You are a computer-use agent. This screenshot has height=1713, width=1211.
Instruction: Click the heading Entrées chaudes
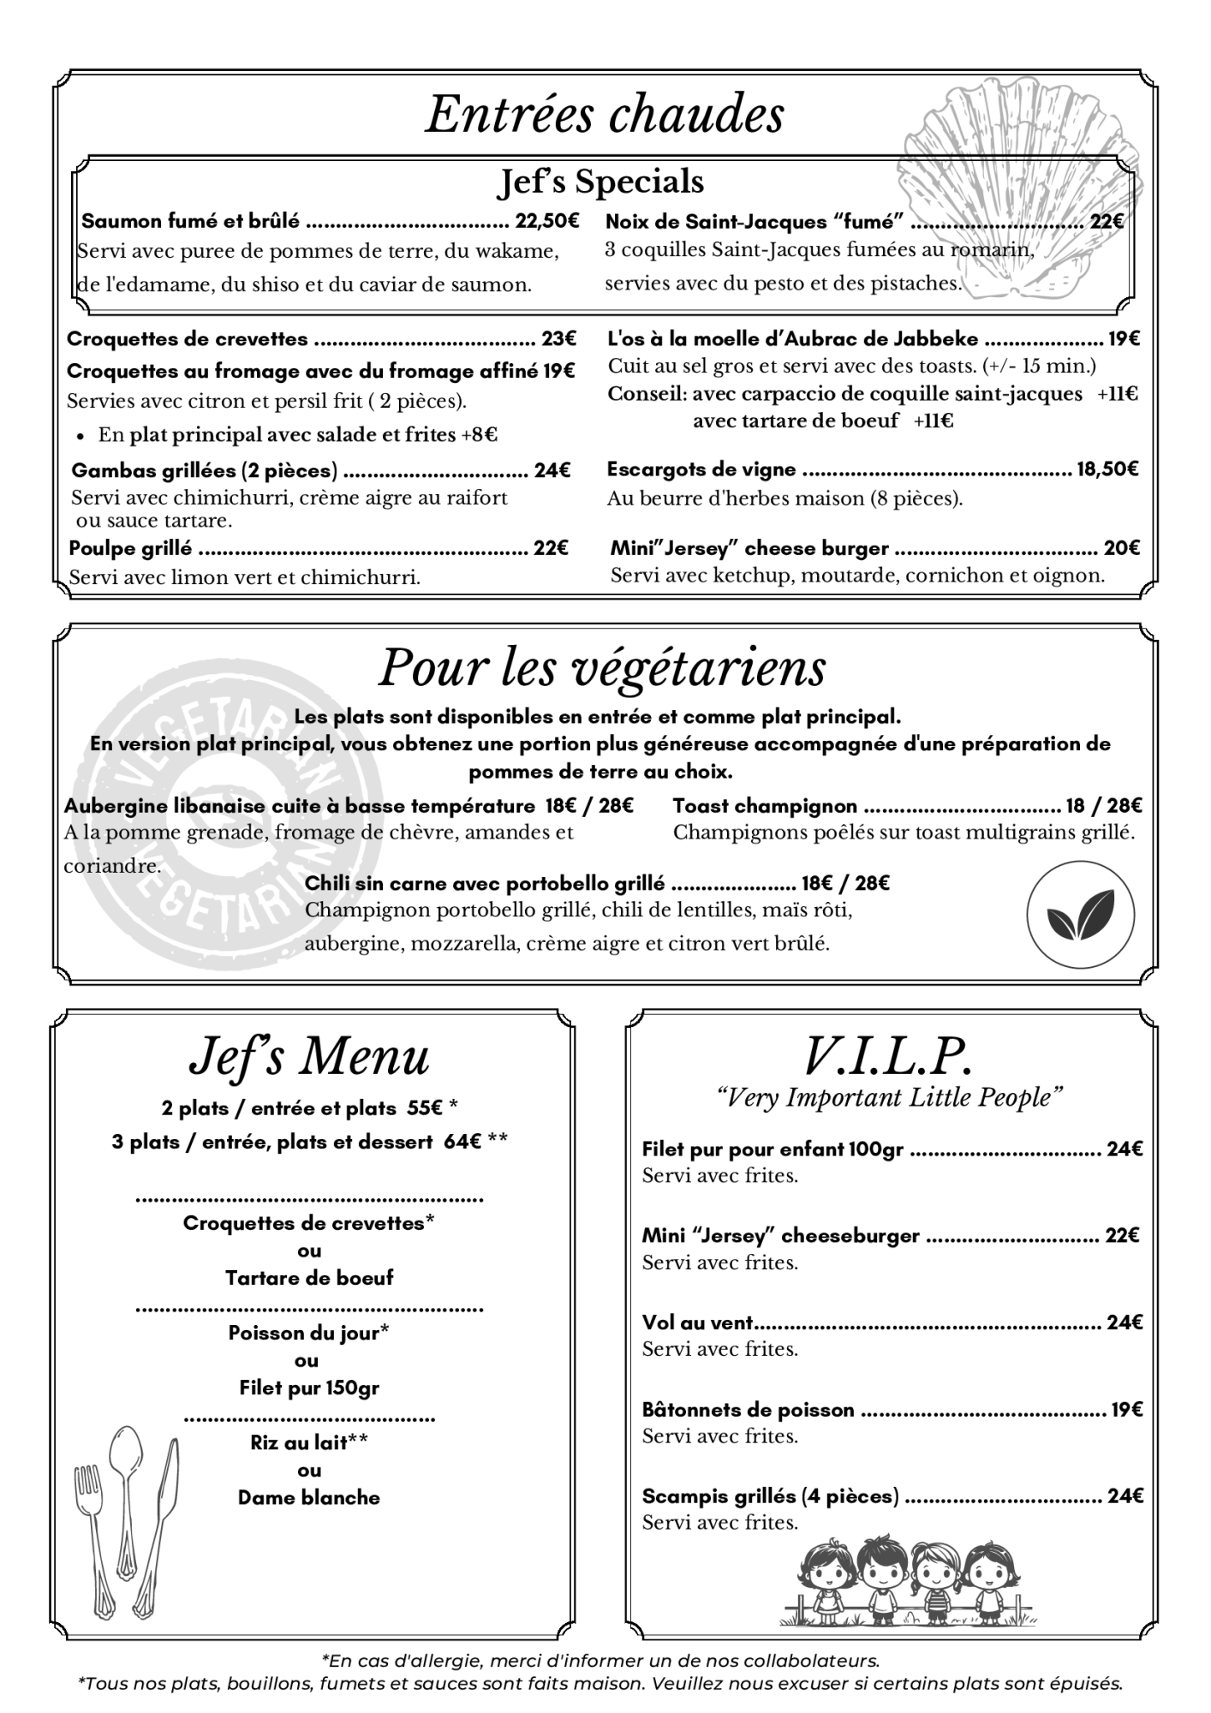[x=605, y=115]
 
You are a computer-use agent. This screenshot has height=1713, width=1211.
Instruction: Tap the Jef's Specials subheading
[x=601, y=182]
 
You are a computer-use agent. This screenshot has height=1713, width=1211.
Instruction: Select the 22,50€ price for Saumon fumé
[x=547, y=221]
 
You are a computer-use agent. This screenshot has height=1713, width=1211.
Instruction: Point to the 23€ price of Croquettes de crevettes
[x=558, y=339]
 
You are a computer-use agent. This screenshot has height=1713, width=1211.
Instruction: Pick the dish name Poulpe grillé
[x=130, y=547]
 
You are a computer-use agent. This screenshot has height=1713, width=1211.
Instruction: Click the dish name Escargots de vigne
[x=701, y=469]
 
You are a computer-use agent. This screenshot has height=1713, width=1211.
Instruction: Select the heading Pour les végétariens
[x=602, y=668]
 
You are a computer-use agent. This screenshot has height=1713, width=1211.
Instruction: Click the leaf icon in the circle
[x=1081, y=915]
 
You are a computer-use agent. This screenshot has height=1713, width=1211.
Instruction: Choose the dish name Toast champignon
[x=765, y=806]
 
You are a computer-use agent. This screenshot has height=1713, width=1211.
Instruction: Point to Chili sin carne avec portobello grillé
[x=485, y=883]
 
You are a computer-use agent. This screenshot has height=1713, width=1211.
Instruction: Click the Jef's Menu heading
[x=309, y=1059]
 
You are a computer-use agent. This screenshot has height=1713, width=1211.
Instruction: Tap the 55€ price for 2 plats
[x=425, y=1107]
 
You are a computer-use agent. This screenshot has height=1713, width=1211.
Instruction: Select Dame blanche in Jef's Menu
[x=309, y=1497]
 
